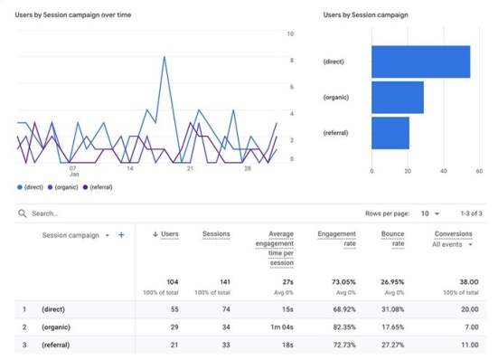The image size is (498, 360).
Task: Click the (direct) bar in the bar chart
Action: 421,62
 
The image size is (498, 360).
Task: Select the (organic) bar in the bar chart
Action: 398,98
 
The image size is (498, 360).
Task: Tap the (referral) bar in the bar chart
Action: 390,133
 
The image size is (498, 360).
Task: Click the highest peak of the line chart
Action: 164,57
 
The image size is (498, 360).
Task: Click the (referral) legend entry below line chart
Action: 99,187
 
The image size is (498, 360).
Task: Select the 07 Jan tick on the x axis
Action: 72,171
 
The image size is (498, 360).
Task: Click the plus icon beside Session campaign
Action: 121,234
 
